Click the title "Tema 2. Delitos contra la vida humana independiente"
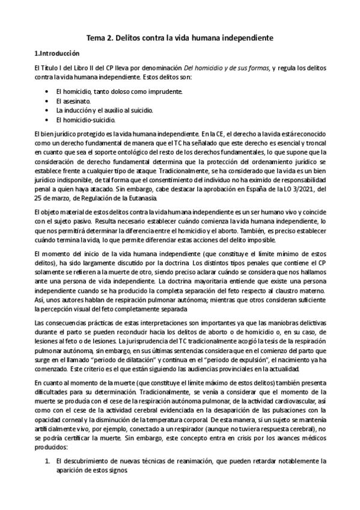(180, 37)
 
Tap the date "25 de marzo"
(53, 198)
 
